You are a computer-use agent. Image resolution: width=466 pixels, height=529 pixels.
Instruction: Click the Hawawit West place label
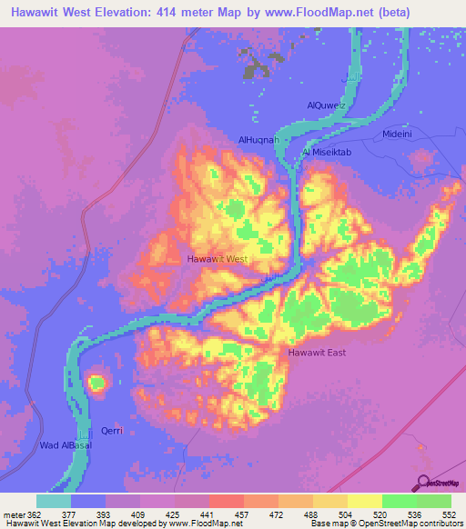click(218, 259)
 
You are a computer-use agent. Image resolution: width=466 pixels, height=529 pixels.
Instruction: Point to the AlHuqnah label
click(258, 140)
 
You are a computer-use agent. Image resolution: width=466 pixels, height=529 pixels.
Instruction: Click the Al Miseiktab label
click(326, 153)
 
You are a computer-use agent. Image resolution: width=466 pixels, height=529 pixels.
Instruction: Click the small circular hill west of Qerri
click(96, 384)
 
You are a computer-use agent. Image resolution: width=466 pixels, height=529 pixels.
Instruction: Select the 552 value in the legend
click(450, 513)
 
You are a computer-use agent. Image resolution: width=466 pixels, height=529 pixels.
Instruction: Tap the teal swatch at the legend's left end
click(54, 501)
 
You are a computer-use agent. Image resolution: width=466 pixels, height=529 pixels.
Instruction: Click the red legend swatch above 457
click(226, 501)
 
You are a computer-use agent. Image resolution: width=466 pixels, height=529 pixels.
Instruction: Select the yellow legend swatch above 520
click(364, 501)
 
